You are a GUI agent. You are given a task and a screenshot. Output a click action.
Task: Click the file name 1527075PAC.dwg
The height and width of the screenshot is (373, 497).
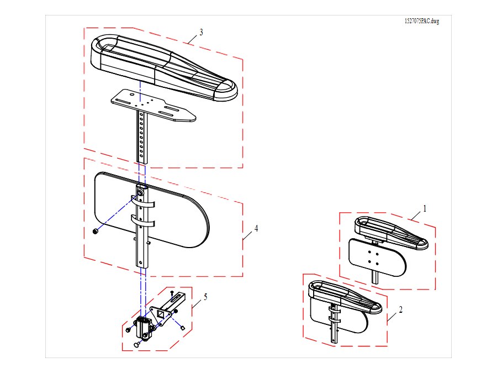(x=421, y=21)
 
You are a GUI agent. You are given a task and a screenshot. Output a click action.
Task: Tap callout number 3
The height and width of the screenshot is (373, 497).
(x=201, y=32)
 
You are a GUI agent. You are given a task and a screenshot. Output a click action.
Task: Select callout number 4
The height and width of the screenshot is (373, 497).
(x=256, y=228)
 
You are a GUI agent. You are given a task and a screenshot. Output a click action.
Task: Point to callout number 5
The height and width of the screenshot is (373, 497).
(x=205, y=297)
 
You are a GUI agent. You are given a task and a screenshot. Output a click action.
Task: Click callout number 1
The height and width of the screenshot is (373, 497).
(x=425, y=208)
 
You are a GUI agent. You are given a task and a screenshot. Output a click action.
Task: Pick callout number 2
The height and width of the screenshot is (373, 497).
(x=401, y=309)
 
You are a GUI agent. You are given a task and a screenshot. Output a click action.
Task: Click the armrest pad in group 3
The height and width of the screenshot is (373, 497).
(x=164, y=67)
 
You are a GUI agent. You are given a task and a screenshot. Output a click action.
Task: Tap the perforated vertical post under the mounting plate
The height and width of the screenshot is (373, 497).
(x=142, y=137)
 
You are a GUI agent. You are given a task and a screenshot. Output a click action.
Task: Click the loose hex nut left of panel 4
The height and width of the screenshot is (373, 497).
(x=94, y=232)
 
